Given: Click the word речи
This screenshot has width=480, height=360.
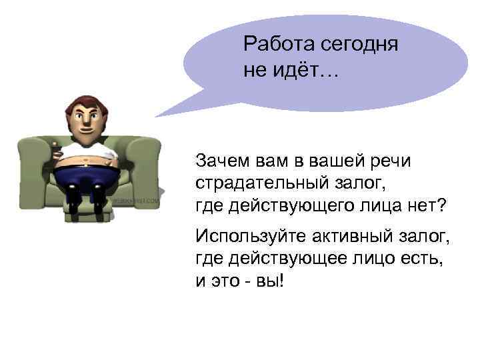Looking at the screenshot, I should coord(391,161).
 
